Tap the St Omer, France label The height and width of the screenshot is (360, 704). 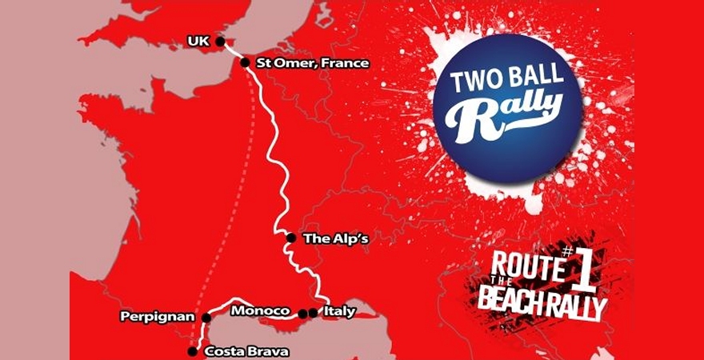[311, 62]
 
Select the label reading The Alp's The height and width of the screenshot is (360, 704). [330, 238]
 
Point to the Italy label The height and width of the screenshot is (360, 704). [338, 311]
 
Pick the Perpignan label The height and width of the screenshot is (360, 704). [158, 317]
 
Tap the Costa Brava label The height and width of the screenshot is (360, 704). [246, 351]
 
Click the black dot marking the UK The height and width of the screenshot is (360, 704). [220, 42]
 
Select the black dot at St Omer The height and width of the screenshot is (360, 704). [245, 62]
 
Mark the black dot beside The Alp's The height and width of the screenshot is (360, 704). [291, 238]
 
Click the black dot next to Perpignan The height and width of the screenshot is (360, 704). [206, 318]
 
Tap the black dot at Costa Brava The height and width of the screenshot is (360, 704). [192, 351]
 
